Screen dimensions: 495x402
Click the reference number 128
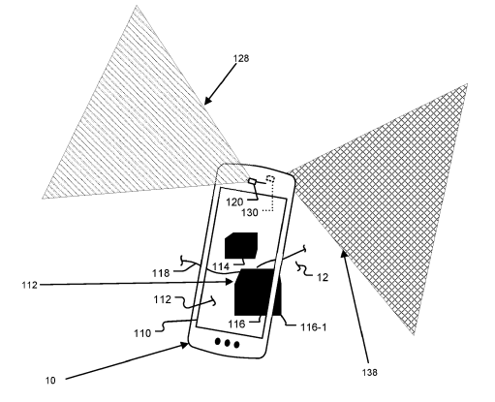click(x=241, y=58)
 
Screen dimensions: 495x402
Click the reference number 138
click(x=369, y=372)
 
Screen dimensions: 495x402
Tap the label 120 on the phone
click(x=234, y=202)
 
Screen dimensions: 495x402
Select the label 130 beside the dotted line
click(x=250, y=212)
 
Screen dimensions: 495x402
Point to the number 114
click(x=221, y=266)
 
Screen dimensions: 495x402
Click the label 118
click(x=161, y=273)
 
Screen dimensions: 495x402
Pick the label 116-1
click(x=314, y=327)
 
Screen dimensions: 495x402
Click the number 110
click(x=142, y=333)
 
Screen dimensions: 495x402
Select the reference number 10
click(x=50, y=381)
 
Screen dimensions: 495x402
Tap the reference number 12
click(x=323, y=277)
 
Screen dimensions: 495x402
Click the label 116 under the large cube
click(x=236, y=324)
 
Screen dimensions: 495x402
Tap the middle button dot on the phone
click(x=228, y=343)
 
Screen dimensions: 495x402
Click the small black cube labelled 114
click(x=241, y=245)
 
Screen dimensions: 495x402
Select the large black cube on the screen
click(x=255, y=292)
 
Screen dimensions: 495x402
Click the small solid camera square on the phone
click(x=252, y=181)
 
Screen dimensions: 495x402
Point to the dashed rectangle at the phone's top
click(x=270, y=179)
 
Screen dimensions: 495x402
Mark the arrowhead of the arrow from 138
click(x=344, y=254)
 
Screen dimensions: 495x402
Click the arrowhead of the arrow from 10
click(x=185, y=346)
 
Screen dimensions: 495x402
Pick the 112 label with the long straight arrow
click(x=30, y=285)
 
